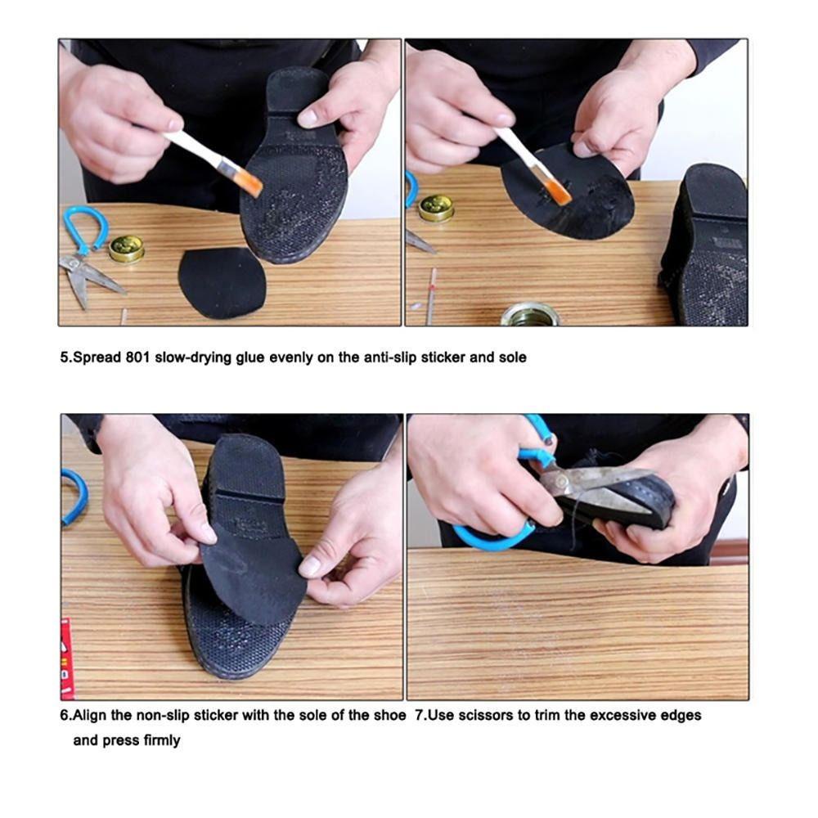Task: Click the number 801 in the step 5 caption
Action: tap(138, 357)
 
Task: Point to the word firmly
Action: tap(162, 740)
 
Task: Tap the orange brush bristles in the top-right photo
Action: tap(558, 191)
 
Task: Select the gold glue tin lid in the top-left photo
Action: tap(126, 249)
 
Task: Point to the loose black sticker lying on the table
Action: tap(222, 282)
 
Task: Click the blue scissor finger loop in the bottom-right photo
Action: tap(490, 537)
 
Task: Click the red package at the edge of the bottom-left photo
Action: tap(67, 658)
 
